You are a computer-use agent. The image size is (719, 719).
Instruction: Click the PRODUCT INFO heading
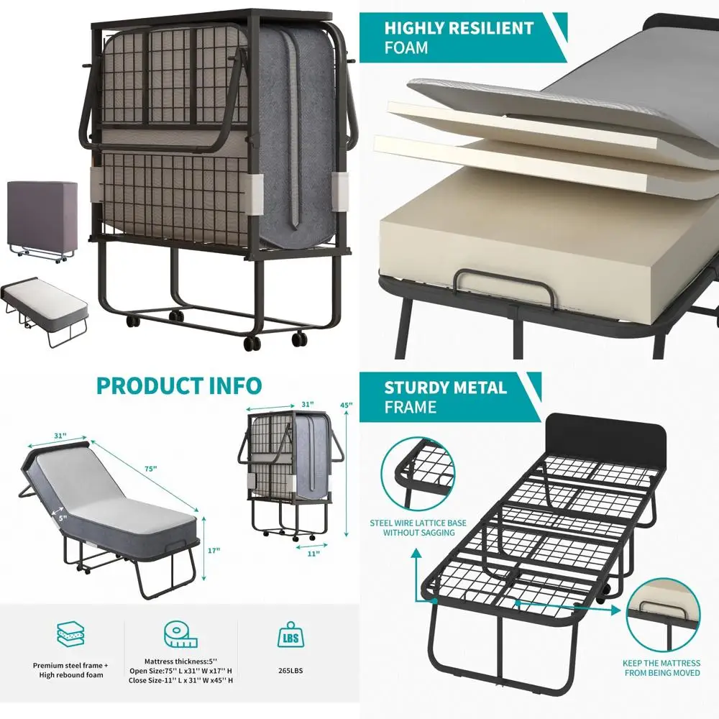(x=179, y=385)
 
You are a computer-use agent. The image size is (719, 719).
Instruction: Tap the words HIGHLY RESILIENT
(x=458, y=29)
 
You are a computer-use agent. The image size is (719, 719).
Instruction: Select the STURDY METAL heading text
(x=445, y=388)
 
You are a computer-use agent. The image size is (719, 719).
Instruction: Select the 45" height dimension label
(x=346, y=406)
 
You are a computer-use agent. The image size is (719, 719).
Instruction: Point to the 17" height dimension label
(x=213, y=551)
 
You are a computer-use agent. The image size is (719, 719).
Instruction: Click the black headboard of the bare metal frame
(x=606, y=439)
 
